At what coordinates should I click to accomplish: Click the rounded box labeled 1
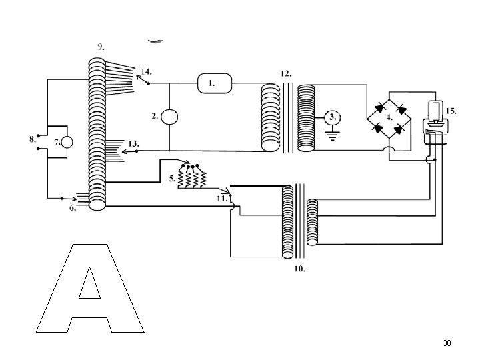pyautogui.click(x=215, y=83)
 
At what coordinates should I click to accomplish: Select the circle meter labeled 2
pyautogui.click(x=169, y=117)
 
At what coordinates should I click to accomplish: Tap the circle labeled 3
pyautogui.click(x=333, y=117)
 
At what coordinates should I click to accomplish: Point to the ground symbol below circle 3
pyautogui.click(x=333, y=135)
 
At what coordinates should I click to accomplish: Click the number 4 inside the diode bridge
pyautogui.click(x=389, y=117)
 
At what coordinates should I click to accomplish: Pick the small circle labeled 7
pyautogui.click(x=67, y=143)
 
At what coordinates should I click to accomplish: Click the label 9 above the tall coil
pyautogui.click(x=101, y=47)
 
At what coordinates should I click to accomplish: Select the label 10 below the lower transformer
pyautogui.click(x=300, y=269)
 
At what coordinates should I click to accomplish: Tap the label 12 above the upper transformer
pyautogui.click(x=286, y=74)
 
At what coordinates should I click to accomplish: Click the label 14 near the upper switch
pyautogui.click(x=146, y=72)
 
